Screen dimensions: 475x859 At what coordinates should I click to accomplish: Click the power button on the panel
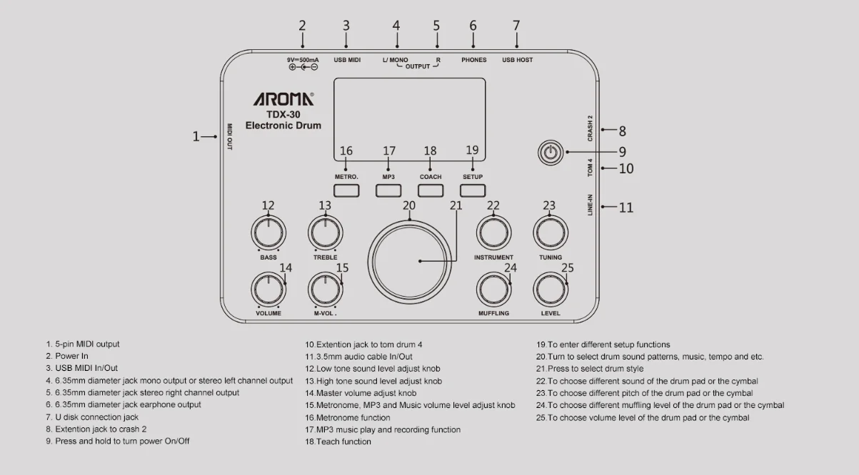tap(549, 152)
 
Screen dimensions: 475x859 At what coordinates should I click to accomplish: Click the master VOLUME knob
tap(268, 289)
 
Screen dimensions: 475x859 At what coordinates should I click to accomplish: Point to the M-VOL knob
tap(325, 289)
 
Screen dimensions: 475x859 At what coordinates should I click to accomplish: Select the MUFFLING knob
tap(493, 289)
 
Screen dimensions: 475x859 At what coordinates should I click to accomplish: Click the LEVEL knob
tap(550, 289)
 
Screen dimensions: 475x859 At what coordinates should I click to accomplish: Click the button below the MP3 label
tap(388, 190)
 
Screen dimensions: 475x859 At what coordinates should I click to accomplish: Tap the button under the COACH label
tap(431, 190)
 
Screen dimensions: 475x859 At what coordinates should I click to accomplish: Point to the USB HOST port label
tap(517, 60)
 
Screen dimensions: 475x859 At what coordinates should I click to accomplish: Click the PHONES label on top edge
tap(473, 60)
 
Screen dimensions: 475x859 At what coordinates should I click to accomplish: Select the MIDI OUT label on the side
tap(230, 136)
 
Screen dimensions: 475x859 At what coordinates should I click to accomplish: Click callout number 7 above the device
tap(516, 26)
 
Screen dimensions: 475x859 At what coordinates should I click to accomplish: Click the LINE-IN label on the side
tap(591, 205)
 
